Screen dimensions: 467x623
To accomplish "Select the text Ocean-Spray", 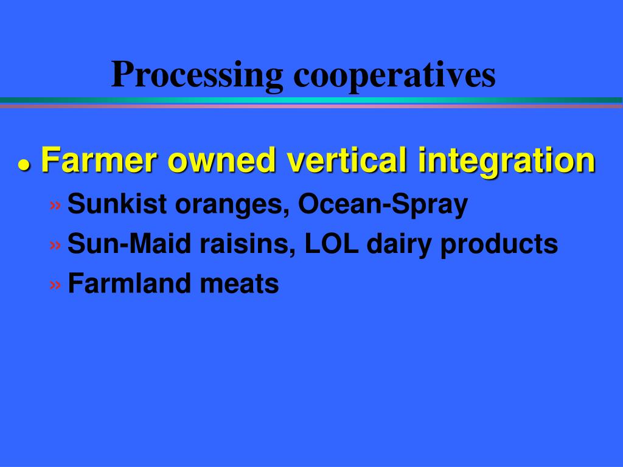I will coord(383,206).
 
